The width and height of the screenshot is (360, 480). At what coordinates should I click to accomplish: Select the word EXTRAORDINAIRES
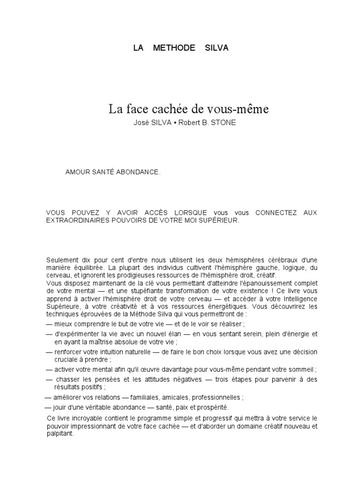76,220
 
